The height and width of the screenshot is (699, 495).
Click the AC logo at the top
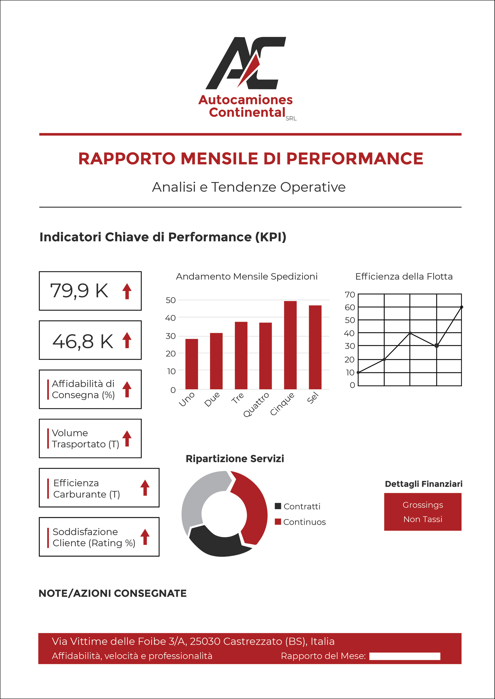[246, 63]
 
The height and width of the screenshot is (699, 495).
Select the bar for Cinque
[290, 345]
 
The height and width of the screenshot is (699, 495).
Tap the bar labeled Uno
[192, 364]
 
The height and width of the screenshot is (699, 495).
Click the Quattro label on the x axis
[256, 405]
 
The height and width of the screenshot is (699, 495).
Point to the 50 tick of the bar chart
[170, 300]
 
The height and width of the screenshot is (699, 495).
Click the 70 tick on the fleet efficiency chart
[350, 294]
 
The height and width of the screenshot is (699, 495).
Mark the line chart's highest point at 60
[462, 307]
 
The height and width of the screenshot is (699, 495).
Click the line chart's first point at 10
[358, 372]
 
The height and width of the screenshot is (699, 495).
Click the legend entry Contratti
[298, 506]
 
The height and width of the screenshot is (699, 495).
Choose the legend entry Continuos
[300, 522]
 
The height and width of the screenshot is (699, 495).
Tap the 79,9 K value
[79, 291]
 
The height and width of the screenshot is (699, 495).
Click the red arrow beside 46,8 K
[127, 340]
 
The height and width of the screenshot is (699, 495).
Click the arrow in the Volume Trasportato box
[127, 438]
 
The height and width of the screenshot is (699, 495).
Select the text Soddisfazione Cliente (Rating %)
[94, 537]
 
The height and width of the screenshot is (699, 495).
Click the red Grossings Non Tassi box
[423, 512]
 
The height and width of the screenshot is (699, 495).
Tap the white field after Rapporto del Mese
[405, 656]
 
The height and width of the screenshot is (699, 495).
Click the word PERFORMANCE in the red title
[355, 159]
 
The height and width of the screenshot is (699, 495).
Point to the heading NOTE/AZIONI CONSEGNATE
[113, 593]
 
